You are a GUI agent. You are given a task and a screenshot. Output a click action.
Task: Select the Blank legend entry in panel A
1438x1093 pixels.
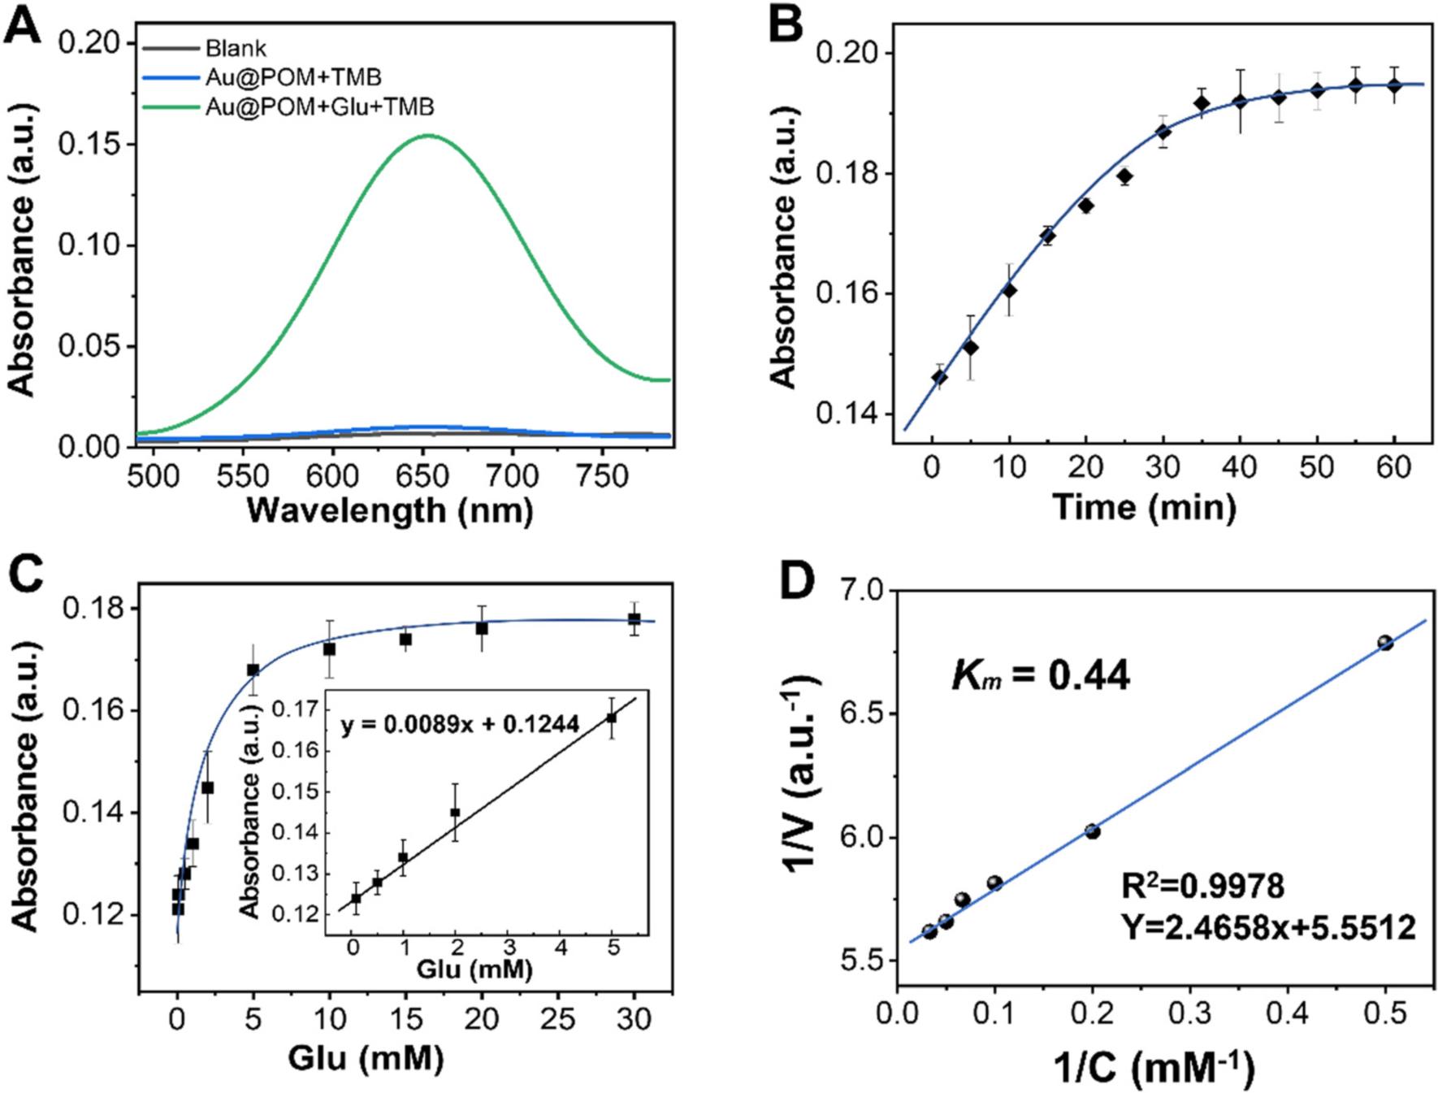pyautogui.click(x=236, y=49)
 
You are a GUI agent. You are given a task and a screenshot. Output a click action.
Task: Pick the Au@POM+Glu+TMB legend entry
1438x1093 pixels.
pyautogui.click(x=319, y=106)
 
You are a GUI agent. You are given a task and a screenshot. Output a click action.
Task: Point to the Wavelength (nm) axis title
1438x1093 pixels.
pyautogui.click(x=390, y=510)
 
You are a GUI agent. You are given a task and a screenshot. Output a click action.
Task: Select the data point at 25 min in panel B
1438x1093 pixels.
pyautogui.click(x=1125, y=176)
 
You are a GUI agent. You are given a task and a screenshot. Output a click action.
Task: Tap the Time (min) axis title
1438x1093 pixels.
pyautogui.click(x=1145, y=507)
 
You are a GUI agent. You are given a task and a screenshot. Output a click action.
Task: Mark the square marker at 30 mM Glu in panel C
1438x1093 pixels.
pyautogui.click(x=634, y=619)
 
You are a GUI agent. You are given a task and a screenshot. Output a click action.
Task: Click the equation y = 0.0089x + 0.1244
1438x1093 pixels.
pyautogui.click(x=460, y=724)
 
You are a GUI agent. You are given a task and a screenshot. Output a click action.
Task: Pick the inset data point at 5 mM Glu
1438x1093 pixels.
pyautogui.click(x=612, y=718)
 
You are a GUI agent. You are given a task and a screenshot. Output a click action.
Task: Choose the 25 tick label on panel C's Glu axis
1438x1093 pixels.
pyautogui.click(x=557, y=1020)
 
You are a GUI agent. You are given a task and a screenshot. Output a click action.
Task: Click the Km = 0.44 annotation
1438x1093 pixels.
pyautogui.click(x=1041, y=674)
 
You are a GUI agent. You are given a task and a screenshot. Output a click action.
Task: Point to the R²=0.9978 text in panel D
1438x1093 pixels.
pyautogui.click(x=1202, y=886)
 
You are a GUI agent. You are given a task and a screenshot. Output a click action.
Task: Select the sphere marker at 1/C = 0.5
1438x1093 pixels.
pyautogui.click(x=1385, y=643)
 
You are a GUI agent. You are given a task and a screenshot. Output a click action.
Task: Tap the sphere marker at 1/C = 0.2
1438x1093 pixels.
pyautogui.click(x=1092, y=831)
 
